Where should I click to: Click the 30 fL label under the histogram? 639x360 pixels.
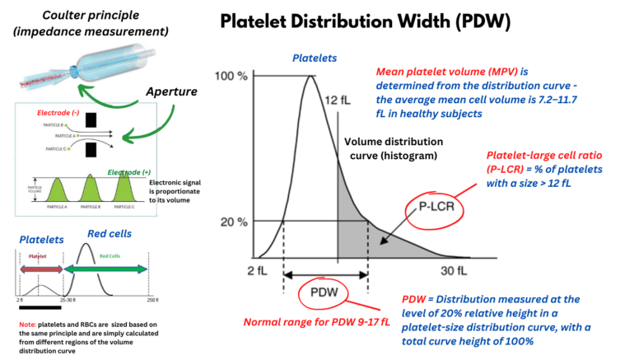[x=452, y=270]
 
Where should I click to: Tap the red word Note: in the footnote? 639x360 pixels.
[x=28, y=325]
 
